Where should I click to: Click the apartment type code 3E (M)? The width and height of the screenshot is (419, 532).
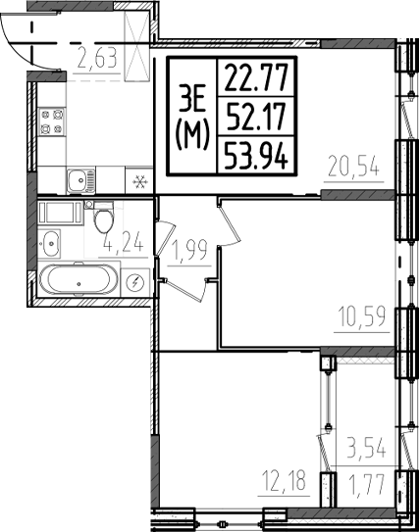[193, 116]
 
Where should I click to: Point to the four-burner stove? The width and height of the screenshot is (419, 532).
[51, 122]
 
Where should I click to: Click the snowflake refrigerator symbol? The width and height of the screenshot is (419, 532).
[139, 181]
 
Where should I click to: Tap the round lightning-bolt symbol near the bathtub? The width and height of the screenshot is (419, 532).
[135, 282]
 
